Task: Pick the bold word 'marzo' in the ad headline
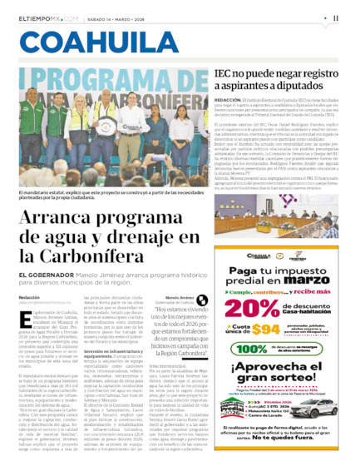[x=313, y=280]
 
